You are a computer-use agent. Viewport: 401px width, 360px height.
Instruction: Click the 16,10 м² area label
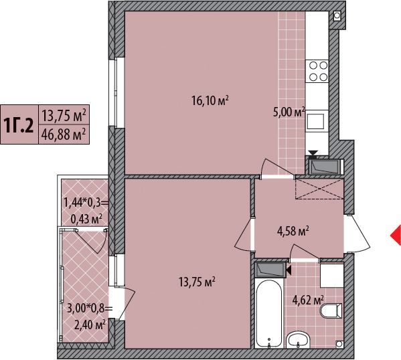pos(210,101)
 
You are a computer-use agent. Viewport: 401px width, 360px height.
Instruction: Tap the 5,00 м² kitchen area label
pos(289,112)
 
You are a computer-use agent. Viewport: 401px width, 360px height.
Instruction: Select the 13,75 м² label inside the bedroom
pos(197,282)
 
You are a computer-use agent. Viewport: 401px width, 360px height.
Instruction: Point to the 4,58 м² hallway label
pos(293,231)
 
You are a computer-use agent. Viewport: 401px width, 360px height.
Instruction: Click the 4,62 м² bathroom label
pos(308,300)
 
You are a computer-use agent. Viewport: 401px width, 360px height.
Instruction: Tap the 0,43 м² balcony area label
pos(86,219)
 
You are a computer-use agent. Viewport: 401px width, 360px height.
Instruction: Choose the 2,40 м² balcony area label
pos(90,325)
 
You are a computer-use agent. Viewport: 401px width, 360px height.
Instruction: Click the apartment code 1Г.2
pos(19,124)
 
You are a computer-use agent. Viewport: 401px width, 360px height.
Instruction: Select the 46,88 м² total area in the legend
pos(63,134)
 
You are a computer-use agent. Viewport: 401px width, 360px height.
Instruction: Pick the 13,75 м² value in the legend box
pos(64,115)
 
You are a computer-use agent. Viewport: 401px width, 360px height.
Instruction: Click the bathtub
pos(269,313)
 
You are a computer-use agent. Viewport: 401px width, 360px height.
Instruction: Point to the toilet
pos(331,310)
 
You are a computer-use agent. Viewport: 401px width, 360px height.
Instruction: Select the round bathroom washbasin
pos(298,340)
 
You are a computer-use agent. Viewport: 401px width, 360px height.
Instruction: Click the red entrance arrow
pos(396,236)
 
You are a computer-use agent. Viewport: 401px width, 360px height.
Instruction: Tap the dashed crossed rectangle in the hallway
pos(319,189)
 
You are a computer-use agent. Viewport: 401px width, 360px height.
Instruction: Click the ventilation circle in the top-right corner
pos(337,16)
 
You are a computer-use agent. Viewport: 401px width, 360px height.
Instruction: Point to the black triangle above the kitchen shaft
pos(313,153)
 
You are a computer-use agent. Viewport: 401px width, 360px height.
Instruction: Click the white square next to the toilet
pos(332,276)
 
